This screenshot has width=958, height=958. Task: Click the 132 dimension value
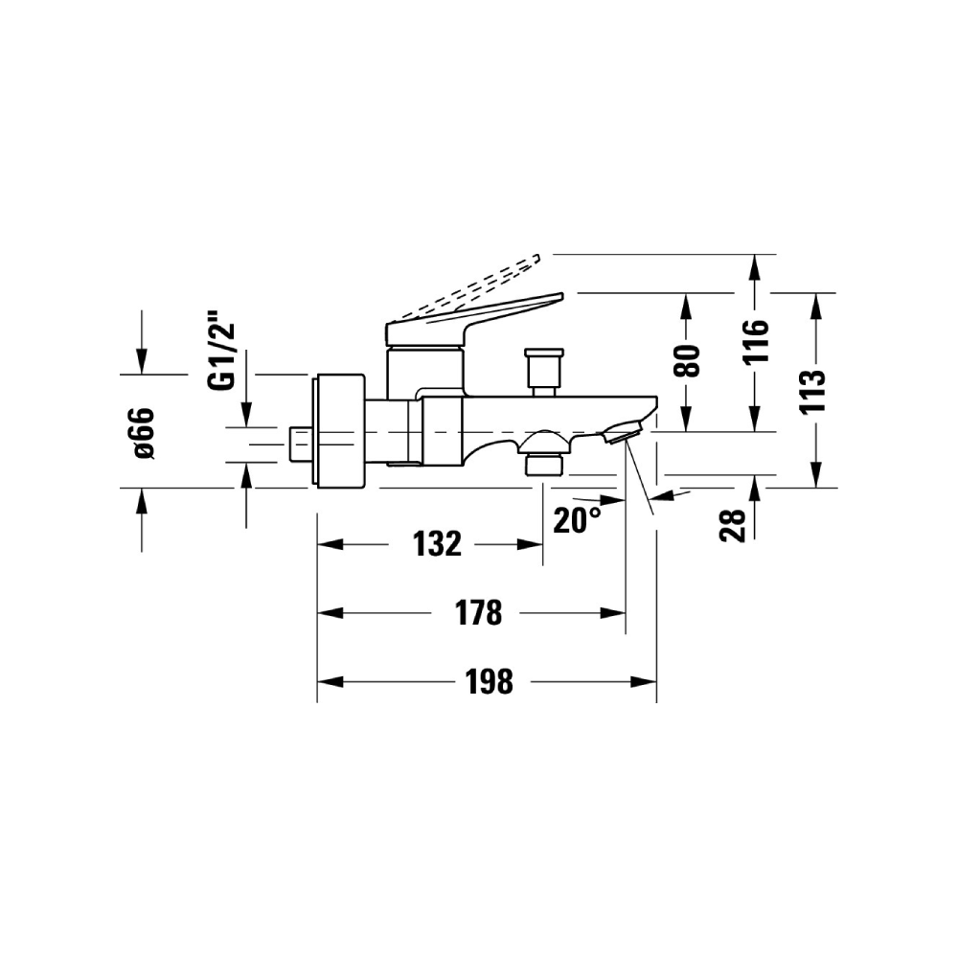coord(437,544)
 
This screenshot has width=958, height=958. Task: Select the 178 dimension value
coord(478,613)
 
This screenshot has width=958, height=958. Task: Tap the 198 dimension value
coord(490,681)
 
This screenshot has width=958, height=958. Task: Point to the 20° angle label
coord(577,520)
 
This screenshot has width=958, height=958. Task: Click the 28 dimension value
coord(733,525)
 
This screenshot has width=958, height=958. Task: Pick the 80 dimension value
coord(687,361)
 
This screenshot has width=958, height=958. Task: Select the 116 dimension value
coord(756,342)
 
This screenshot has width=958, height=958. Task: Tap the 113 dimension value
coord(813,391)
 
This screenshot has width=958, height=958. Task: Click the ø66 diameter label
coord(145,433)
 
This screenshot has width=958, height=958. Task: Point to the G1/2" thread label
coord(221,351)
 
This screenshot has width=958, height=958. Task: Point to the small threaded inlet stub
coord(300,445)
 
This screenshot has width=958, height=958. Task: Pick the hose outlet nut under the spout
coord(544,463)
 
